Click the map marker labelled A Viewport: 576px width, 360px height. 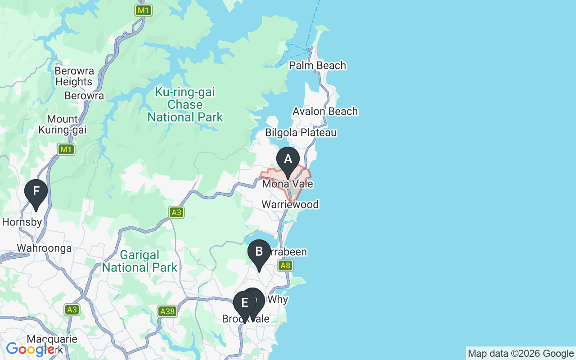(x=288, y=160)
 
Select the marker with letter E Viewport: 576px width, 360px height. (x=244, y=303)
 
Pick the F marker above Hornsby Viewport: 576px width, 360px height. (x=36, y=192)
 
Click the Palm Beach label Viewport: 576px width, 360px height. (x=317, y=66)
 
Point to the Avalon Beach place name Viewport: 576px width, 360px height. (x=325, y=111)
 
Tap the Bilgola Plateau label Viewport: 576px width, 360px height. (x=301, y=133)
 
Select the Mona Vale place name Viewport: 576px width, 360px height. (x=287, y=184)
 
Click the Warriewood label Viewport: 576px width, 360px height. (x=290, y=205)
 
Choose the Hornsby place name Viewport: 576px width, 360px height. (x=22, y=222)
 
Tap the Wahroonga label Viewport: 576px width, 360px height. (x=44, y=248)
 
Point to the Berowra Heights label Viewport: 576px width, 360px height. (x=74, y=76)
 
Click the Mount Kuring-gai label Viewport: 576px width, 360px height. (x=63, y=125)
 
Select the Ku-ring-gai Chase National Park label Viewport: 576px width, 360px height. (x=185, y=105)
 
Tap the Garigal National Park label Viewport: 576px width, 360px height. (x=139, y=261)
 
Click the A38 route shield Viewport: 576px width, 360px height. (x=167, y=311)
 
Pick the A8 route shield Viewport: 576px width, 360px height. (x=285, y=265)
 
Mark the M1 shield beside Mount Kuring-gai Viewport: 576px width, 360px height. (x=66, y=149)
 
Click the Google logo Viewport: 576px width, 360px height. (x=30, y=349)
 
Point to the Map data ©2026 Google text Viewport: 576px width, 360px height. (x=521, y=354)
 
